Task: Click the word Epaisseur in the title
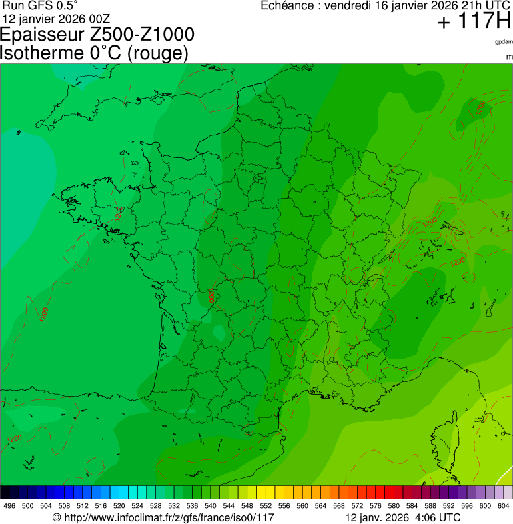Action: click(40, 35)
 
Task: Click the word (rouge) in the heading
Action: click(156, 53)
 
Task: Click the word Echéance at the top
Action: click(286, 5)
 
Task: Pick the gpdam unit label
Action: click(504, 42)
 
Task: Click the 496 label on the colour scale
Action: click(9, 506)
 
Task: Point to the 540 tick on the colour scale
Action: click(210, 506)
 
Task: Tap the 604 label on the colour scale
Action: click(504, 506)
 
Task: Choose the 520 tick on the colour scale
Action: click(119, 506)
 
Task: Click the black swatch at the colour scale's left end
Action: click(5, 493)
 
